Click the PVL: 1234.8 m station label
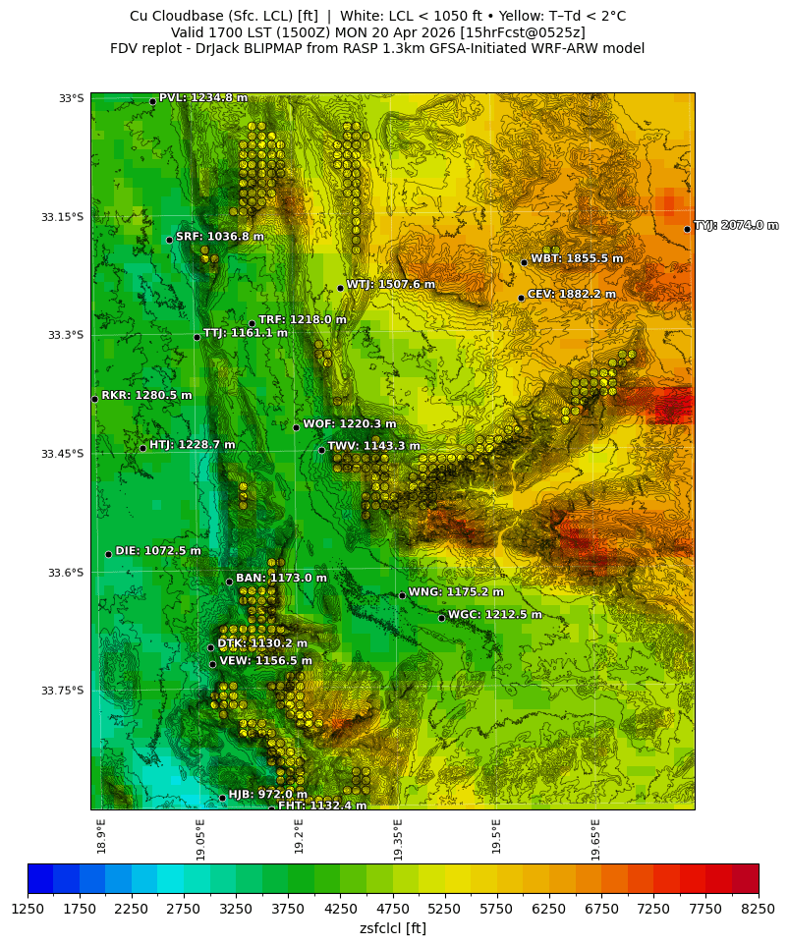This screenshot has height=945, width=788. pos(203,98)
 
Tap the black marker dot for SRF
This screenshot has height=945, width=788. pos(169,240)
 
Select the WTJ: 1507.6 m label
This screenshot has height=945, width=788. pos(390,285)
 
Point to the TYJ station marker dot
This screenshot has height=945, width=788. pos(687,229)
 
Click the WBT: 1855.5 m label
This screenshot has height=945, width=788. pos(577,258)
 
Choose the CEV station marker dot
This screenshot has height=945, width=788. pos(521,298)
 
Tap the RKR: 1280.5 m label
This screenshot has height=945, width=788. pos(146,396)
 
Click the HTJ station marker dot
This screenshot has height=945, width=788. pos(142,448)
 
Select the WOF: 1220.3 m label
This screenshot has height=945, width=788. pos(349,424)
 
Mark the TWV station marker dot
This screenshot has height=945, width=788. pos(321,450)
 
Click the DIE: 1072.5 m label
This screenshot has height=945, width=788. pos(158,551)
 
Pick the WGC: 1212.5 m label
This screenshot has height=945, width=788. pos(494,615)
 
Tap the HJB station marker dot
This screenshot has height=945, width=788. pos(222,798)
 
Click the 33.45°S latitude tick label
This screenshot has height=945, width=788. pos(63,454)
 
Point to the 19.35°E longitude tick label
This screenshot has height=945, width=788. pos(398,841)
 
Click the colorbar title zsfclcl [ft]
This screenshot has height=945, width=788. pos(393,928)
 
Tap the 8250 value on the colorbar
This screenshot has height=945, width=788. pos(758,909)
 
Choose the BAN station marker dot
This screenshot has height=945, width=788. pos(229,582)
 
